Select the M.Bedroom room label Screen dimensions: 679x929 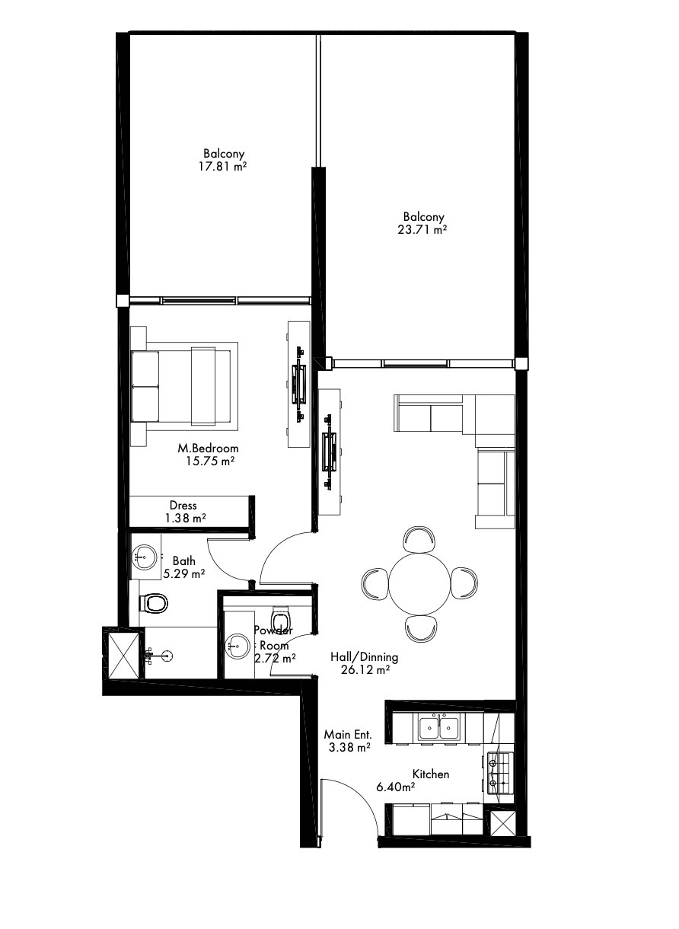coord(208,449)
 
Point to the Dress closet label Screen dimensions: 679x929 coord(183,506)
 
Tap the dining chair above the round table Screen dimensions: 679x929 coord(419,539)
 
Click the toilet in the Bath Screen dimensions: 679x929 coord(153,602)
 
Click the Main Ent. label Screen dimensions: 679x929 coord(348,735)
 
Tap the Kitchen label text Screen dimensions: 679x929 coord(431,774)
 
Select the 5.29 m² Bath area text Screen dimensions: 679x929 coord(184,574)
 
